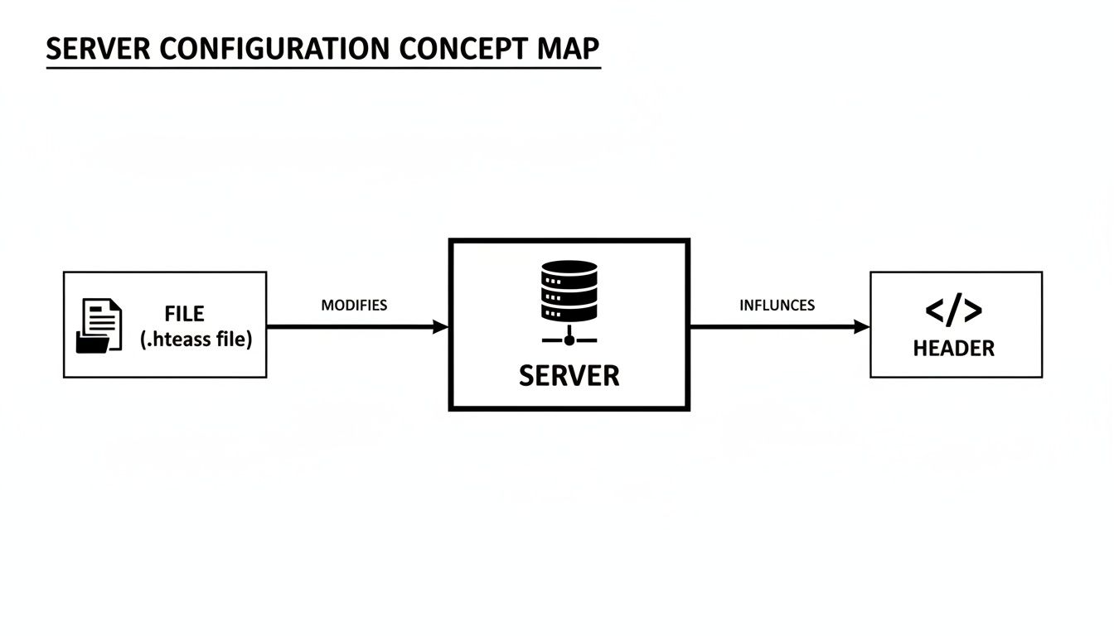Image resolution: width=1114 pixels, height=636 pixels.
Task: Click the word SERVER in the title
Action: [98, 49]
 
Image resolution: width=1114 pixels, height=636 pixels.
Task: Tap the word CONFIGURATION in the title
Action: [274, 49]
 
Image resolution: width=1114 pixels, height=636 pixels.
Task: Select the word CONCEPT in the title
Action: [463, 49]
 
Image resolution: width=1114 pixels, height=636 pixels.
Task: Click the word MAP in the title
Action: [568, 49]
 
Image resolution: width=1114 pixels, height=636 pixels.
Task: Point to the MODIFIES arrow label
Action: [354, 305]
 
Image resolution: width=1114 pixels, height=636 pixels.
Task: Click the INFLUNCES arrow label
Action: [777, 305]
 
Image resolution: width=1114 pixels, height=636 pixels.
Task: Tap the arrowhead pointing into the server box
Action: [441, 327]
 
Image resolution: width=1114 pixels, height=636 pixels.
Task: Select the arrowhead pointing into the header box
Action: [862, 327]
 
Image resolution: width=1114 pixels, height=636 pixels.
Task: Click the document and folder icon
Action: [99, 326]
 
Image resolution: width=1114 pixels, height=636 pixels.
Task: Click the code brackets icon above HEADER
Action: [953, 310]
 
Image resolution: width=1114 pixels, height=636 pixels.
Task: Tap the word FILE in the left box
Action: [185, 314]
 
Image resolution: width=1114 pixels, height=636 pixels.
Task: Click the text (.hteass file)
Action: [196, 340]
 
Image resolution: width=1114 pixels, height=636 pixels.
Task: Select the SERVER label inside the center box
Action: [569, 376]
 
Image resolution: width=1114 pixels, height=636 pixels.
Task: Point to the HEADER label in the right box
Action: [954, 349]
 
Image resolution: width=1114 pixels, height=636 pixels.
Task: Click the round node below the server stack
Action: [569, 340]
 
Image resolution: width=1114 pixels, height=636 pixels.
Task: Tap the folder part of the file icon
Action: [93, 342]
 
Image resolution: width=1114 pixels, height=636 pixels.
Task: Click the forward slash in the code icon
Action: [954, 310]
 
